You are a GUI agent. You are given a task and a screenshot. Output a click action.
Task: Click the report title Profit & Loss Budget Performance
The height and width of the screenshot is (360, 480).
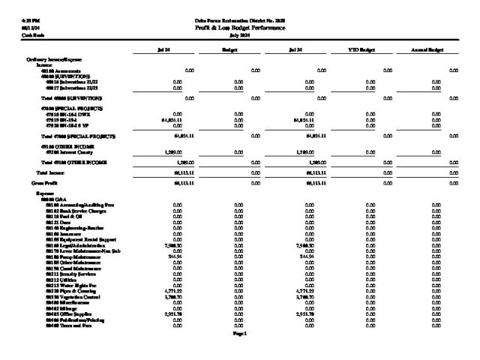(x=240, y=28)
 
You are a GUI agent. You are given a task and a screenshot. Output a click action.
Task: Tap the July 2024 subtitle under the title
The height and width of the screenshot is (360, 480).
(x=240, y=34)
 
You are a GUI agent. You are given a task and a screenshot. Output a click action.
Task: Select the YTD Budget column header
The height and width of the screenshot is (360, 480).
(x=360, y=49)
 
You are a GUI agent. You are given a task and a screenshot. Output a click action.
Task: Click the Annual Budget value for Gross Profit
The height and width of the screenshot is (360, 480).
(x=453, y=182)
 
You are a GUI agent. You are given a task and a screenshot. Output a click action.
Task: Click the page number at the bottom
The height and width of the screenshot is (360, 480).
(x=240, y=332)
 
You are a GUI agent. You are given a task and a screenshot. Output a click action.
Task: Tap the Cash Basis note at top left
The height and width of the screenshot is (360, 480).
(x=13, y=34)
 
